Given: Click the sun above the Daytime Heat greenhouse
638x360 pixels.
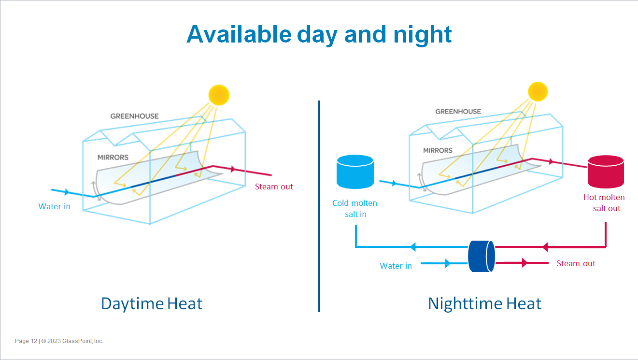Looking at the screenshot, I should [x=218, y=95].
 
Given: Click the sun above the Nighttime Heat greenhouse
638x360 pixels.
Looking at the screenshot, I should [x=538, y=91].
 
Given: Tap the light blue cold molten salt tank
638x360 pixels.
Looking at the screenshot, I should [x=355, y=172].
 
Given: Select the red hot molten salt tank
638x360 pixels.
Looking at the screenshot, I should [x=605, y=172].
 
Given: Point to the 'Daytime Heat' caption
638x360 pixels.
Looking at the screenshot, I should [x=152, y=303].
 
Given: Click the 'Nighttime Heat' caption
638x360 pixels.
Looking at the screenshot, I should [x=484, y=303].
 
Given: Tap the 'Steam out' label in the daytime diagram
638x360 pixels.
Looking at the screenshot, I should [x=274, y=187].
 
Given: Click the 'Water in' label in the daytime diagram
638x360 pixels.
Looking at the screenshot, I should [x=54, y=206].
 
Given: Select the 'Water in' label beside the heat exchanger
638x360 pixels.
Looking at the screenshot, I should [x=396, y=266].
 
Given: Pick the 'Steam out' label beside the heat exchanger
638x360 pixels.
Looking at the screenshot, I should [x=576, y=263].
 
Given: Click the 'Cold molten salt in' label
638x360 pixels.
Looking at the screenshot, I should [x=355, y=208].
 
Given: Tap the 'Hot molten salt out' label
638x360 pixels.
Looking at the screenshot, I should [x=604, y=203].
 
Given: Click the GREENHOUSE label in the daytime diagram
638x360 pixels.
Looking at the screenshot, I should [x=134, y=116].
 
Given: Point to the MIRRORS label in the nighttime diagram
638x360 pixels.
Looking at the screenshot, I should [x=438, y=150].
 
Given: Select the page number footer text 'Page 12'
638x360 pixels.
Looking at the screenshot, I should [x=26, y=341].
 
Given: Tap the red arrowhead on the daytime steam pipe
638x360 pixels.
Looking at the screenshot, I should [x=233, y=169].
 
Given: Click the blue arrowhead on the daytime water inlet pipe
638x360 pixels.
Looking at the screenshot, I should [x=66, y=192].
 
